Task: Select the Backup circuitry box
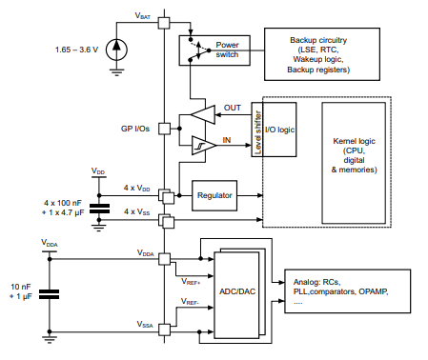click(x=316, y=54)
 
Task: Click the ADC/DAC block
click(x=238, y=291)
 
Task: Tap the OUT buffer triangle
click(x=203, y=116)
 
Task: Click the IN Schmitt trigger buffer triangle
click(x=201, y=145)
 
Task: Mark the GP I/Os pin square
click(x=163, y=128)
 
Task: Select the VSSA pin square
click(x=163, y=330)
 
